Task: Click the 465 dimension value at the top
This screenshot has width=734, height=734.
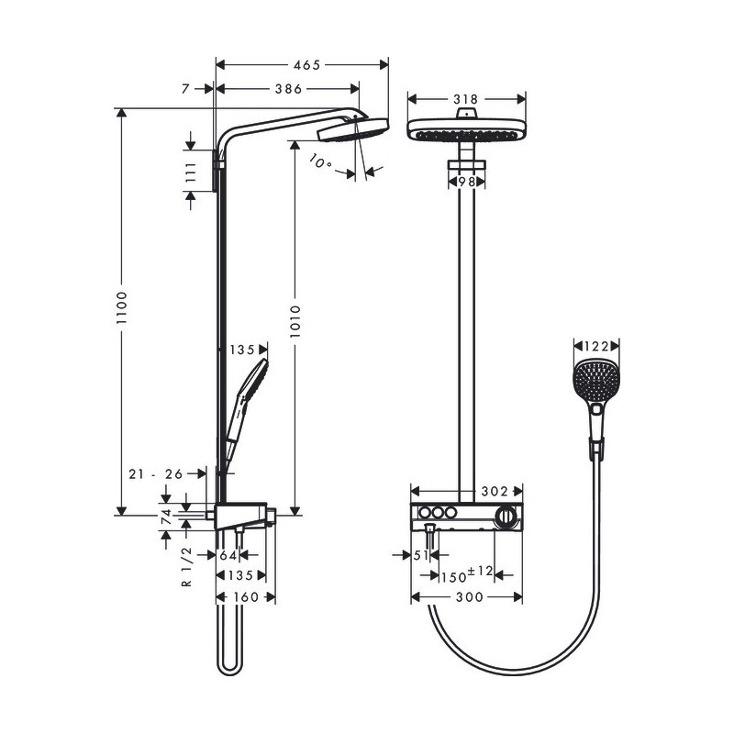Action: click(306, 64)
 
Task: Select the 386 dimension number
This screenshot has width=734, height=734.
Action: click(288, 88)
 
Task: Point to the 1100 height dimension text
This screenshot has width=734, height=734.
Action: click(122, 307)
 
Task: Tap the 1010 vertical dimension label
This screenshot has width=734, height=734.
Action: click(295, 322)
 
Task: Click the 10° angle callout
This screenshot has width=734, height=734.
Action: click(320, 162)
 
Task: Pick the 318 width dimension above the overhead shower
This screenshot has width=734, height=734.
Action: click(466, 99)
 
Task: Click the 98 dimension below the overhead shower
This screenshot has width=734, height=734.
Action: click(466, 182)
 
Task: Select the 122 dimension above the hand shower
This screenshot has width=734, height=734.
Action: click(595, 346)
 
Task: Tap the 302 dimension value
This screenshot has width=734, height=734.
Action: click(495, 491)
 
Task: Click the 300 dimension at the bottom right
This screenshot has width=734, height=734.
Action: click(470, 597)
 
